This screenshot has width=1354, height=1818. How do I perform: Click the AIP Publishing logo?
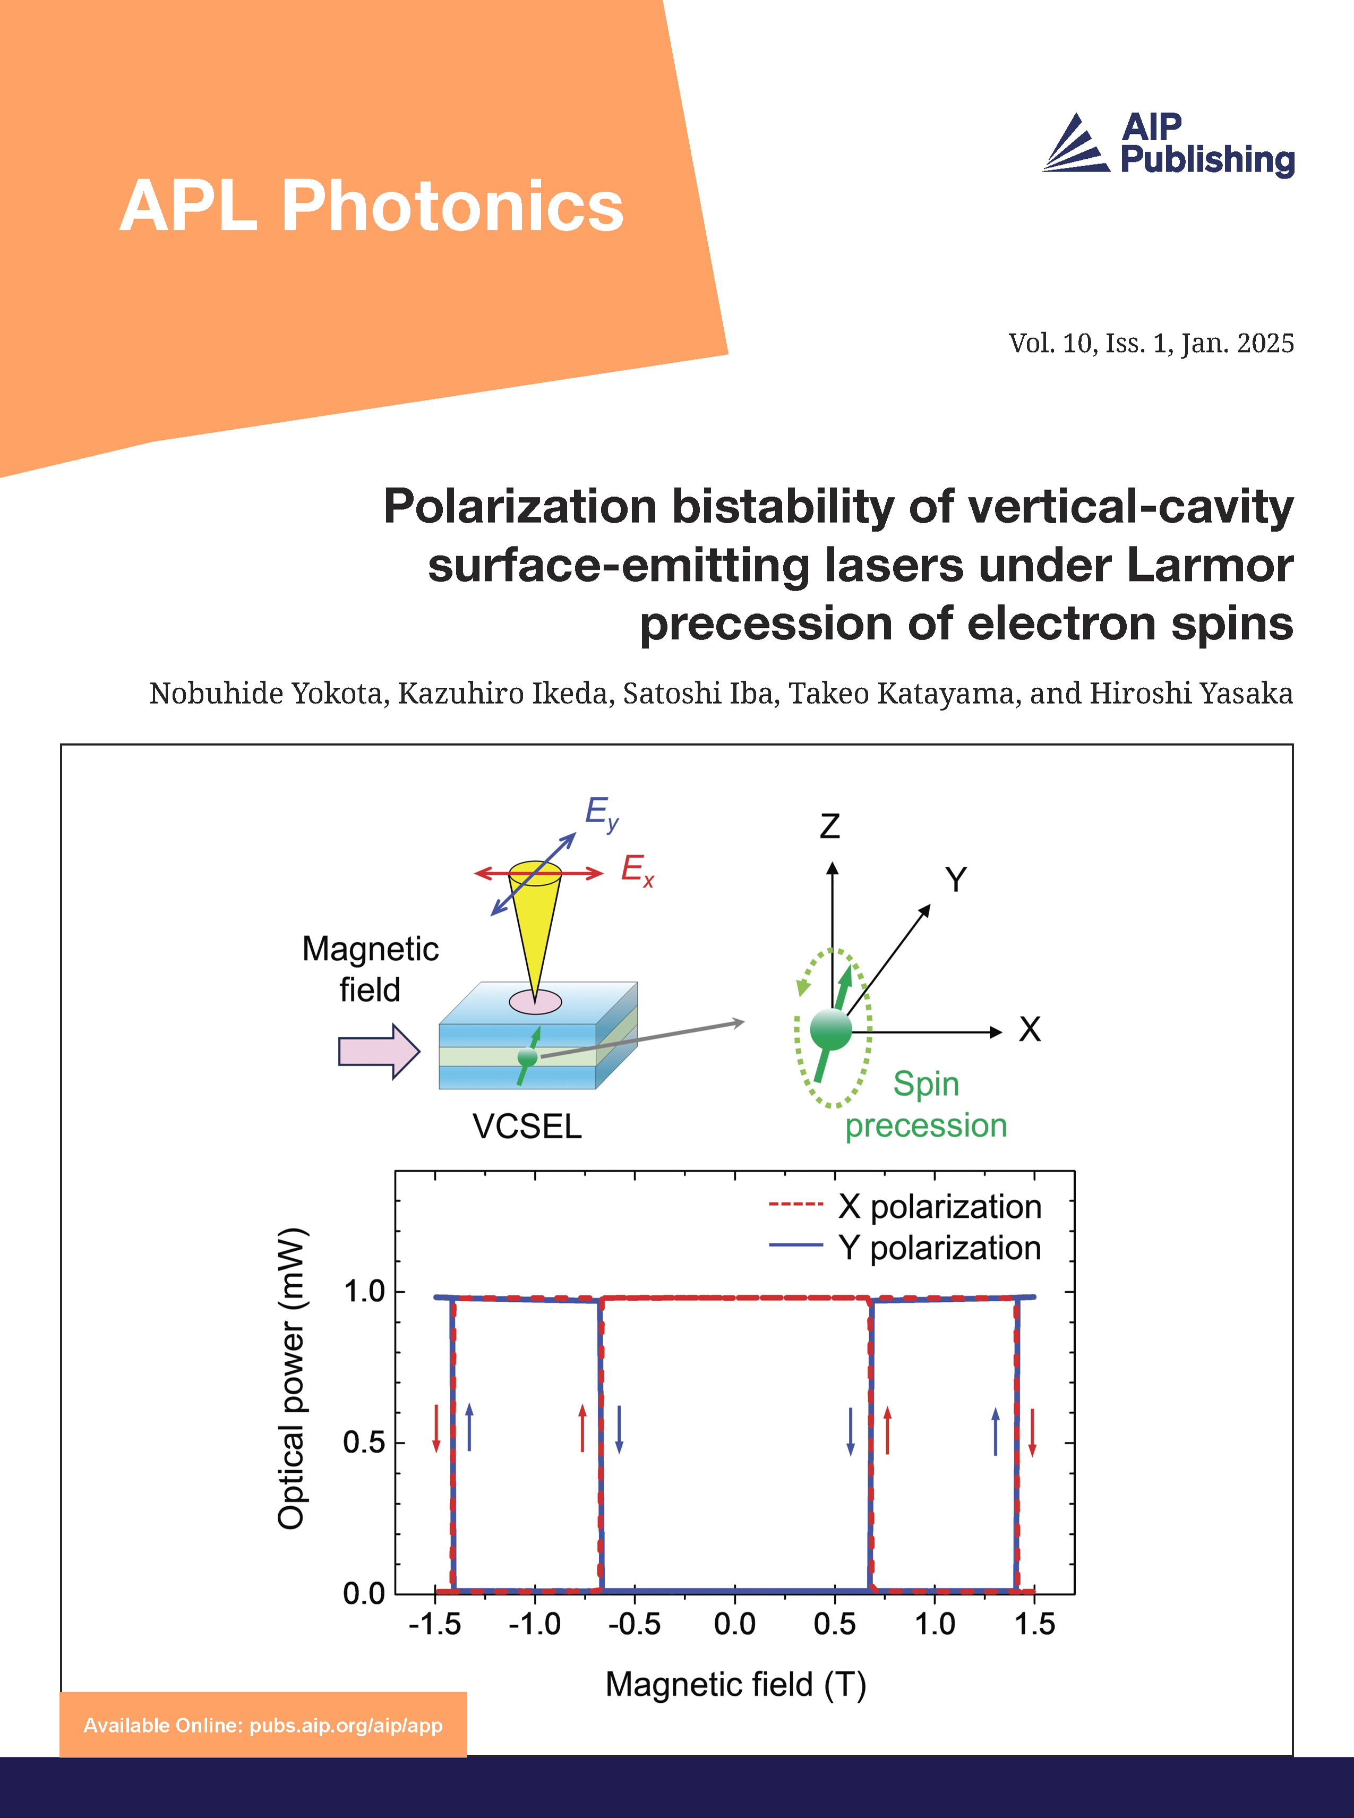coord(1168,144)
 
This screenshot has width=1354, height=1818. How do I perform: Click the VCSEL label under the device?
coord(527,1126)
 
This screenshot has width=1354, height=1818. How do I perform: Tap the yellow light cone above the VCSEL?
coord(534,926)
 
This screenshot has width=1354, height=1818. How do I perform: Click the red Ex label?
coord(637,870)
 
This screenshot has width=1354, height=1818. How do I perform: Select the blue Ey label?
coord(601,813)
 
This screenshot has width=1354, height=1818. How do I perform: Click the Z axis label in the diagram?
coord(829,826)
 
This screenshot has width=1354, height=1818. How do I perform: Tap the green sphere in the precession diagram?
coord(830,1029)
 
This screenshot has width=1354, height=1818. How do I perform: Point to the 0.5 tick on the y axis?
coord(364,1442)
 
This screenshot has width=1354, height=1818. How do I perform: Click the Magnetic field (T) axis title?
coord(735,1684)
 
